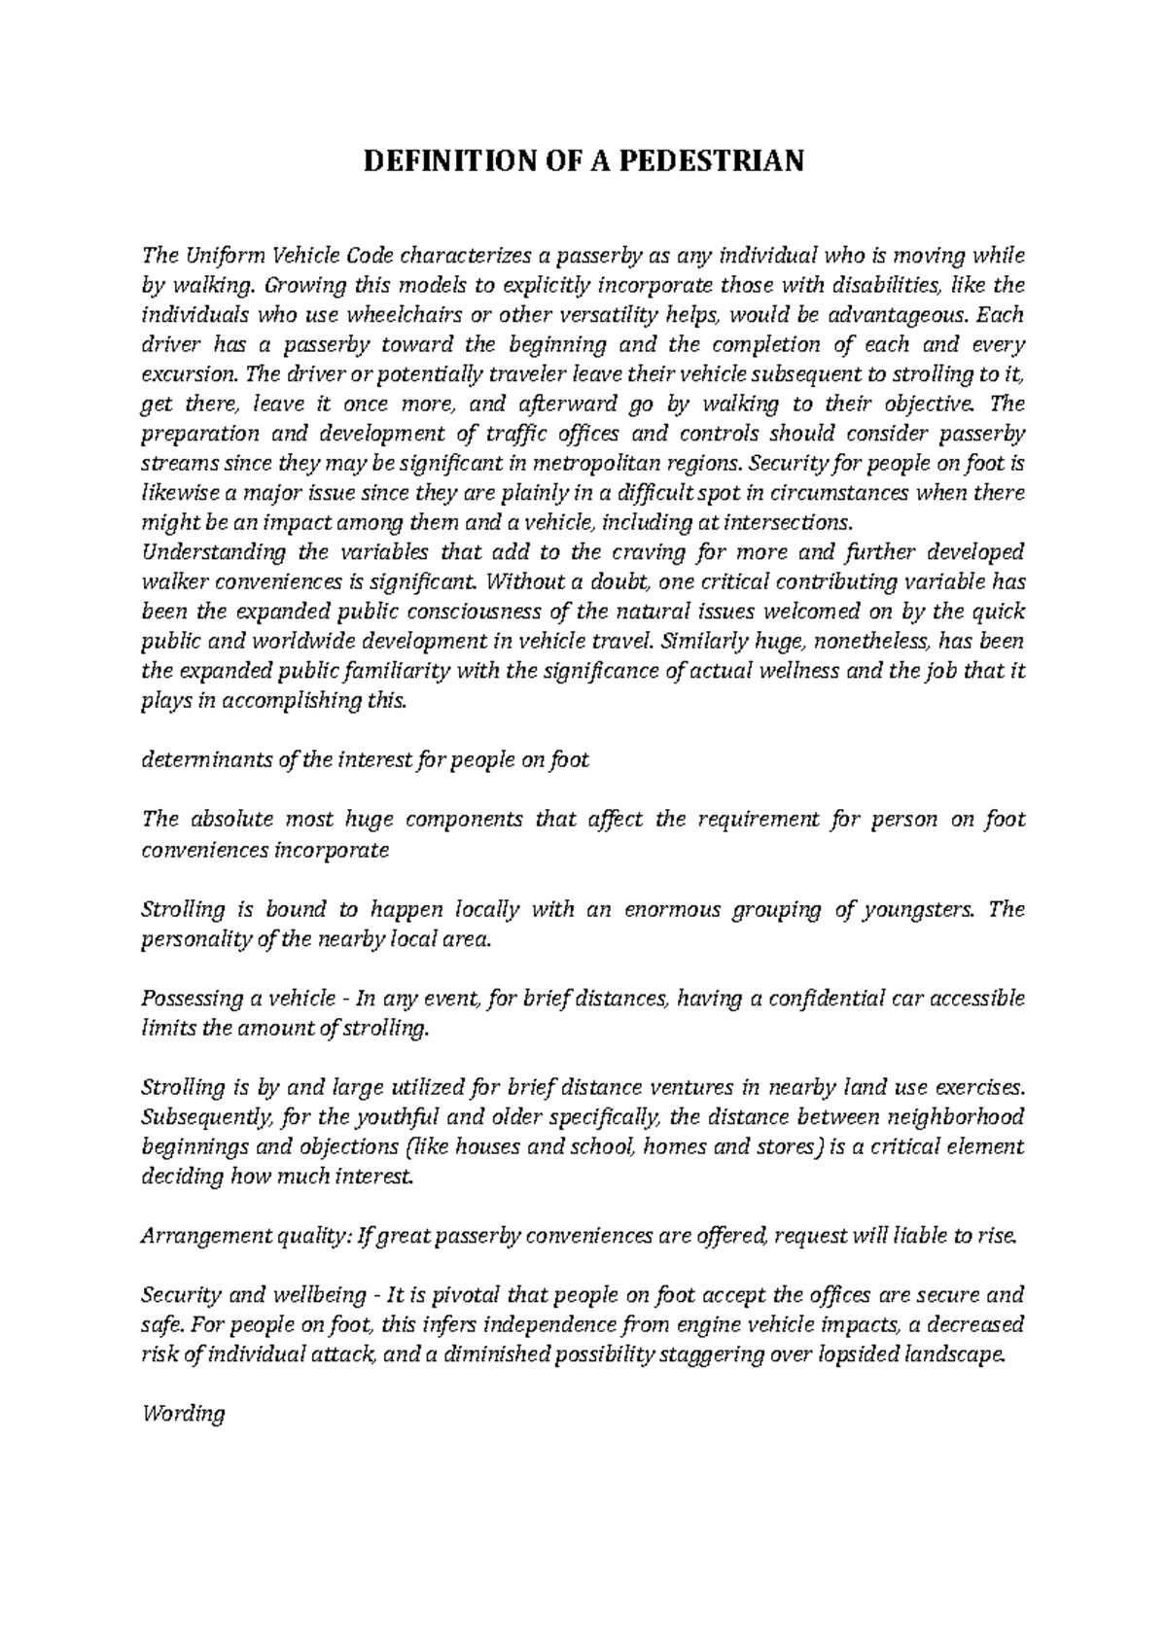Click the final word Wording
click(x=183, y=1415)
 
